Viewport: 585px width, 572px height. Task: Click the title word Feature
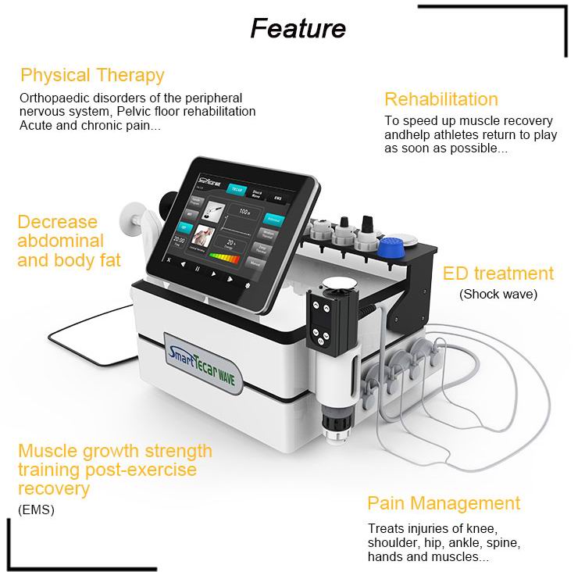click(x=298, y=27)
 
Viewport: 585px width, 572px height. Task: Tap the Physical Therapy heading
click(x=92, y=76)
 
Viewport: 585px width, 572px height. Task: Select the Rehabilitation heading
click(x=441, y=99)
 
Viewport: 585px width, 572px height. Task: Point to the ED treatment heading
click(x=498, y=273)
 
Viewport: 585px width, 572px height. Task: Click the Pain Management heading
click(x=443, y=502)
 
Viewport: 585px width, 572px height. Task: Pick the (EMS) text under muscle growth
click(x=36, y=510)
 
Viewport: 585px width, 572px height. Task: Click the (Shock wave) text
click(x=498, y=295)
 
